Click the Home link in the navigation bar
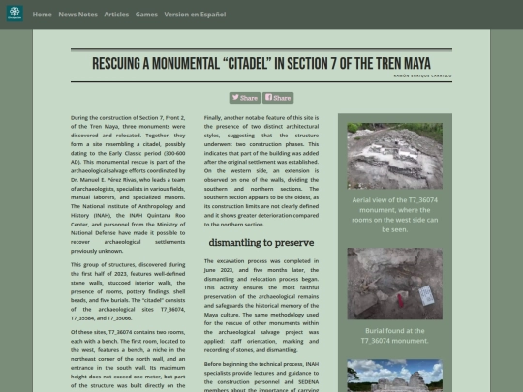(x=42, y=15)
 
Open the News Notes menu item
(x=77, y=15)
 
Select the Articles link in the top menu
(x=116, y=15)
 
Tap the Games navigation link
(x=146, y=15)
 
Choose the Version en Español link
(x=196, y=15)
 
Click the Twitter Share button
(x=244, y=98)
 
